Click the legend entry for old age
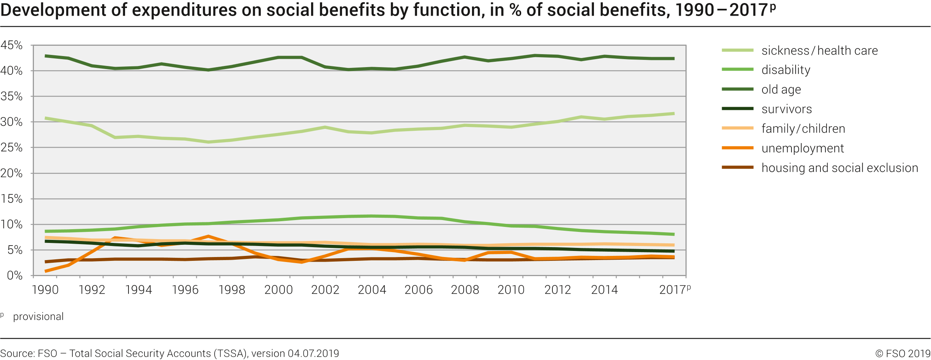click(x=781, y=89)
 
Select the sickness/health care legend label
click(x=819, y=50)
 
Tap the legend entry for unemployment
click(x=803, y=148)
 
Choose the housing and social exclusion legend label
click(x=840, y=168)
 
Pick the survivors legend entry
click(x=787, y=109)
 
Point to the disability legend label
click(x=786, y=70)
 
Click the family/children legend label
click(x=803, y=129)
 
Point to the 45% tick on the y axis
click(x=11, y=45)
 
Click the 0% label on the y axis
click(x=14, y=275)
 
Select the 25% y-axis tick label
click(x=11, y=148)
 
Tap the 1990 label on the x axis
click(x=45, y=290)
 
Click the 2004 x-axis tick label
click(x=372, y=290)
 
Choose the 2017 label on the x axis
click(x=673, y=290)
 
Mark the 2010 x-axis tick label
click(x=511, y=290)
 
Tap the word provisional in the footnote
click(x=38, y=317)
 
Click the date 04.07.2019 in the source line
click(x=313, y=354)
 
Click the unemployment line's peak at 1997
click(x=208, y=236)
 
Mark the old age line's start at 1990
click(x=46, y=56)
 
